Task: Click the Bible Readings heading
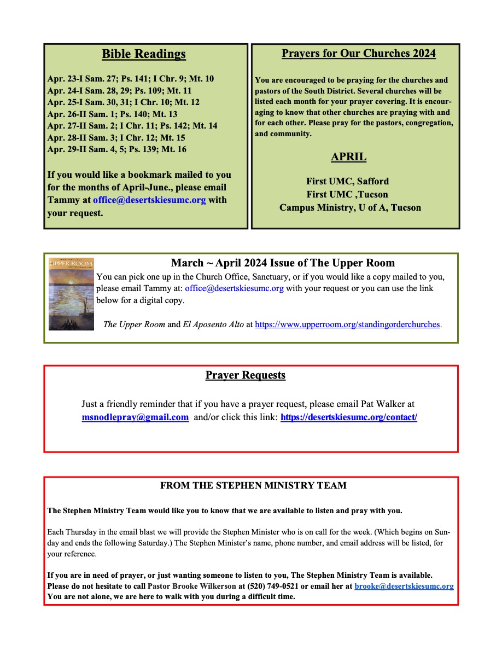point(144,54)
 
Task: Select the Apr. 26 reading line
point(112,114)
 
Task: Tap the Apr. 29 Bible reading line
point(116,149)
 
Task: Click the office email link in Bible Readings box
point(149,200)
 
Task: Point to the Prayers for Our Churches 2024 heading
point(358,53)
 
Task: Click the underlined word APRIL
point(348,157)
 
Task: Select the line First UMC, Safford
point(347,181)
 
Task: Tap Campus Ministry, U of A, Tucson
point(350,207)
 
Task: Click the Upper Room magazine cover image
point(71,294)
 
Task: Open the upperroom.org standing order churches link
point(347,324)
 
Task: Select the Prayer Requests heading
point(246,375)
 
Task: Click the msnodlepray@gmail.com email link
point(135,417)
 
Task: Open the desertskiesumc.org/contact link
point(349,417)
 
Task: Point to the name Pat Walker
point(388,404)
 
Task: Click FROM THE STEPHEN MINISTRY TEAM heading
point(253,485)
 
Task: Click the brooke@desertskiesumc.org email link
point(404,586)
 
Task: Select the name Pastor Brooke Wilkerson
point(193,586)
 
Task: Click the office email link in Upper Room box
point(234,288)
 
